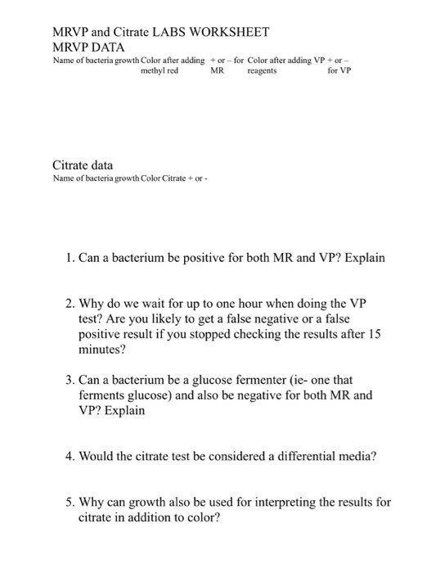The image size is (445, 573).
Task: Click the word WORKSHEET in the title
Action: click(225, 32)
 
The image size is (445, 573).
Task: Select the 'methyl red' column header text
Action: click(160, 71)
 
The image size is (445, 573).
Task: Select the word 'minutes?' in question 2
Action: click(103, 354)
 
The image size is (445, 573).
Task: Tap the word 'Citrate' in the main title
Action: click(124, 32)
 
